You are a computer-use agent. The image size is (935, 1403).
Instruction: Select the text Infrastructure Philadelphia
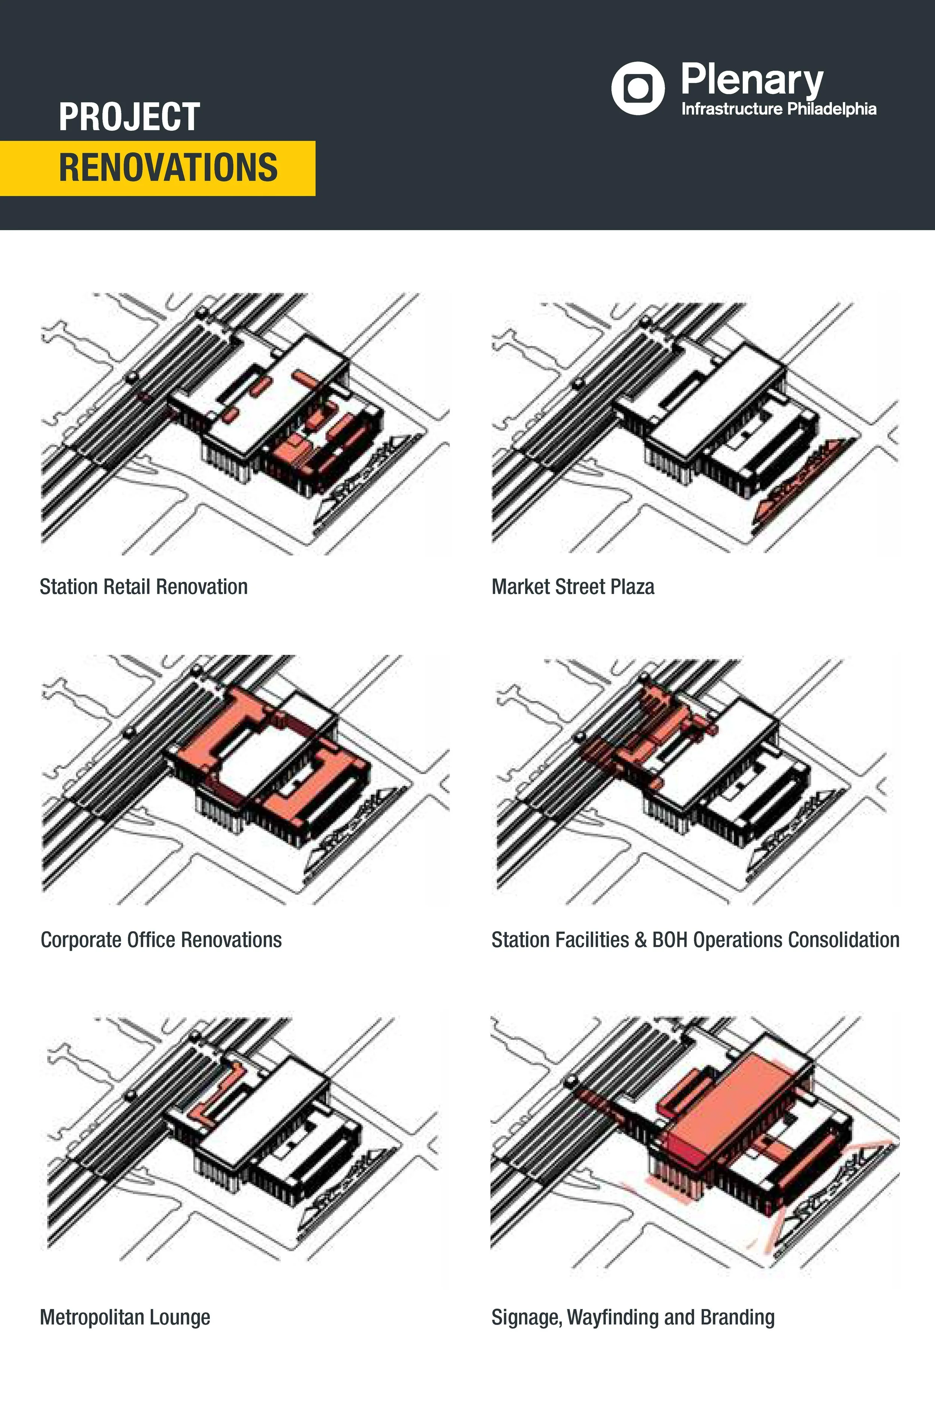(778, 109)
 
